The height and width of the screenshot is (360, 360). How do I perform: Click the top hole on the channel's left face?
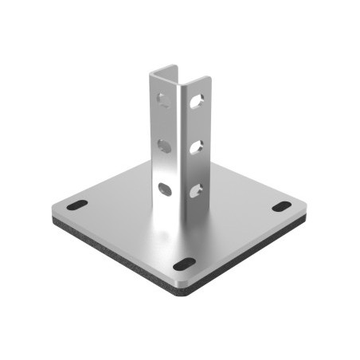tap(163, 100)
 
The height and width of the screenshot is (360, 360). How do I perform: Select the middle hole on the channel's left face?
tap(164, 145)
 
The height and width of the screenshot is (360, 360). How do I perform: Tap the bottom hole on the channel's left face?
tap(165, 189)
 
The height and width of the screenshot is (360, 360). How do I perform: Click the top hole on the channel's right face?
tap(195, 101)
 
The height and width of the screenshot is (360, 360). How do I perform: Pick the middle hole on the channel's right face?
tap(195, 146)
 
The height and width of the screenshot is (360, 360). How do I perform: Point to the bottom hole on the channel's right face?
tap(195, 190)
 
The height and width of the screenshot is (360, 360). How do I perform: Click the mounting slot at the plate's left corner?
tap(76, 205)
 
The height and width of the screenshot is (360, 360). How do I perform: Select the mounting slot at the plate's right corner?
tap(281, 207)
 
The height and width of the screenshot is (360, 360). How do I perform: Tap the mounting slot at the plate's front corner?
tap(182, 264)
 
